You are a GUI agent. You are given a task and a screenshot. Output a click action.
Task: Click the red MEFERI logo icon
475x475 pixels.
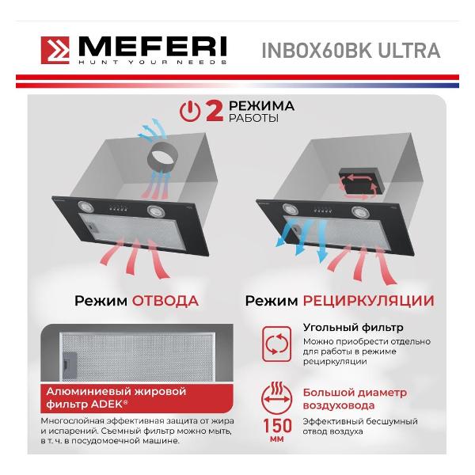point(55,51)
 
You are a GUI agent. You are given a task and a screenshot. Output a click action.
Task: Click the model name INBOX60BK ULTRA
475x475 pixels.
point(351,51)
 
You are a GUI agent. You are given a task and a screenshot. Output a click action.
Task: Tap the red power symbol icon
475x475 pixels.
point(190,112)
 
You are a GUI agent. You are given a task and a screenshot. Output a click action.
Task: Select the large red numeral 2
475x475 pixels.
point(215,111)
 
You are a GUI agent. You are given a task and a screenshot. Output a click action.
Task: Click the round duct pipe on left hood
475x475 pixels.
point(162,158)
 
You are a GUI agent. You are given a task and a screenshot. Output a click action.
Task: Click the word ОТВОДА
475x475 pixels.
point(165,301)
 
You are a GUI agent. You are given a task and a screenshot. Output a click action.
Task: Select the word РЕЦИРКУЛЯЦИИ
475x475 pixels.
point(369,301)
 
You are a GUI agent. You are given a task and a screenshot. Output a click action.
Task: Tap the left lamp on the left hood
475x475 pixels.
point(85,207)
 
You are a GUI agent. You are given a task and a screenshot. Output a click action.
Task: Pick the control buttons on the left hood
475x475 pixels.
point(119,208)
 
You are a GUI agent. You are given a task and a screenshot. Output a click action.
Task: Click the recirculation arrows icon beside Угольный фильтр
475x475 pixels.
point(276,344)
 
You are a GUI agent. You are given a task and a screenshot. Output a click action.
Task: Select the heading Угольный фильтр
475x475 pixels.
point(353,328)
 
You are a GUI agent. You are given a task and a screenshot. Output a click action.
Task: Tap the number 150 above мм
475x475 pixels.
point(277,425)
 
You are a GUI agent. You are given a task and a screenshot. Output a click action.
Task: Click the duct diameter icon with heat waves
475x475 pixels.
point(276,398)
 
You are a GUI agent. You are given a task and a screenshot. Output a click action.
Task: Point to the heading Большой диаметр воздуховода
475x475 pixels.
point(355,399)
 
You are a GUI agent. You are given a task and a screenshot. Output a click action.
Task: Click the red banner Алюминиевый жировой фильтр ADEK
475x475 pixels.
point(137,398)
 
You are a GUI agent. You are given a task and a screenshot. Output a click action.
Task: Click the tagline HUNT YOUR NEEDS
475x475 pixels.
point(152,62)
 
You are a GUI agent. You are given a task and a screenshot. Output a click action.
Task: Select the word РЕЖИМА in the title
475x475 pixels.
point(261,106)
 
